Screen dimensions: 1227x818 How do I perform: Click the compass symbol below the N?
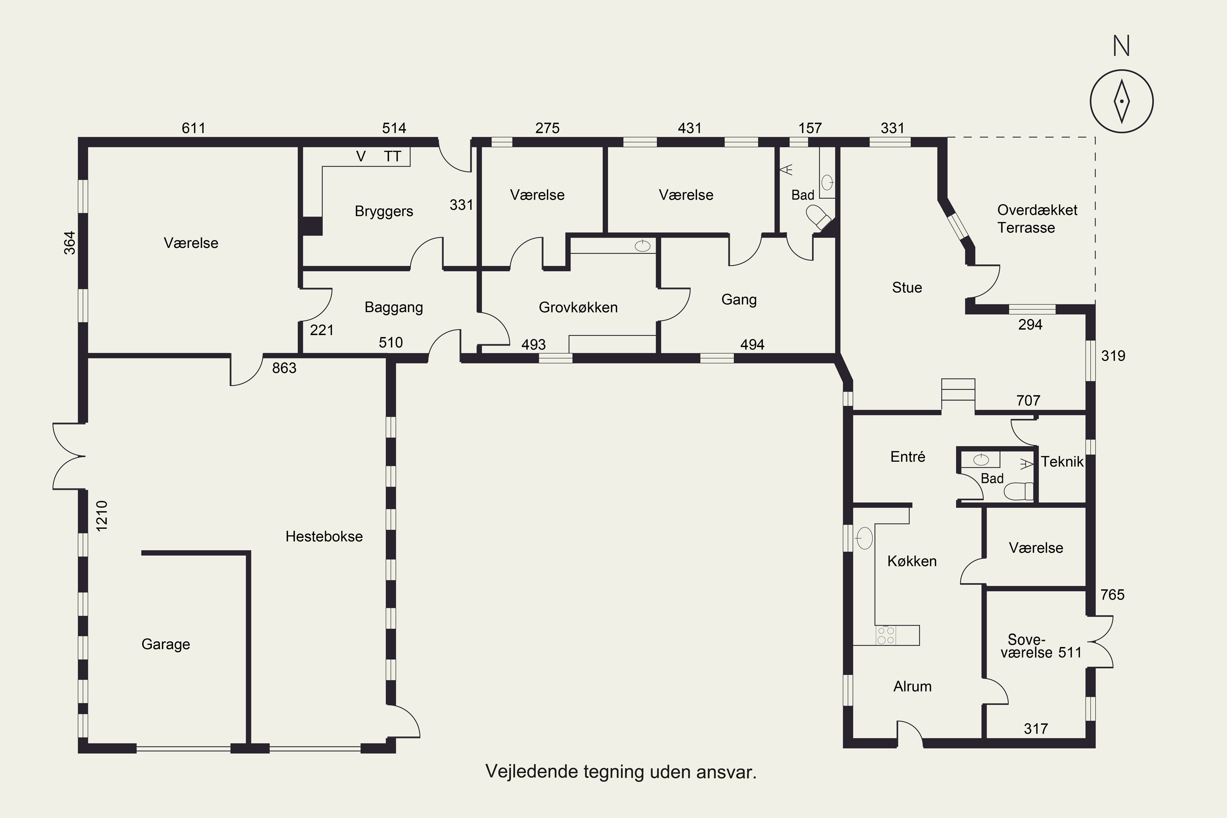pyautogui.click(x=1121, y=101)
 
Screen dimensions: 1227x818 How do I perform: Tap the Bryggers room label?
pyautogui.click(x=384, y=212)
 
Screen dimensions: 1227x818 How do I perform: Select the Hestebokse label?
pyautogui.click(x=324, y=536)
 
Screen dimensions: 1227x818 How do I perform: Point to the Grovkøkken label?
pyautogui.click(x=578, y=307)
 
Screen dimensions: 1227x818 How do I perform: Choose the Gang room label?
pyautogui.click(x=739, y=300)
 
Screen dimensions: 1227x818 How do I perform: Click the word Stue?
pyautogui.click(x=907, y=288)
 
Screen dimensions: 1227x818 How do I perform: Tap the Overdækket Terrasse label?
pyautogui.click(x=1037, y=218)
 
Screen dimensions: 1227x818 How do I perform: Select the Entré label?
pyautogui.click(x=908, y=456)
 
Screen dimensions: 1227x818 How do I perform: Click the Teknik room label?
pyautogui.click(x=1062, y=462)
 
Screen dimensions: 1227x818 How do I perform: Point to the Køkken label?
pyautogui.click(x=912, y=561)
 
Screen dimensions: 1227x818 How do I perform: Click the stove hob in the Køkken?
pyautogui.click(x=886, y=636)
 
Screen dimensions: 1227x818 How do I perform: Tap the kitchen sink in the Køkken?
pyautogui.click(x=865, y=538)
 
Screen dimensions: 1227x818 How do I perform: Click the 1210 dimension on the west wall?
pyautogui.click(x=102, y=516)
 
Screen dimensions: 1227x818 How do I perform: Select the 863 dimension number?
pyautogui.click(x=284, y=369)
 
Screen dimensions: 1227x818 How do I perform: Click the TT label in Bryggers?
pyautogui.click(x=392, y=157)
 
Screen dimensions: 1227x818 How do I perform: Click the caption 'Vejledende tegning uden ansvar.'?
pyautogui.click(x=621, y=771)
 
